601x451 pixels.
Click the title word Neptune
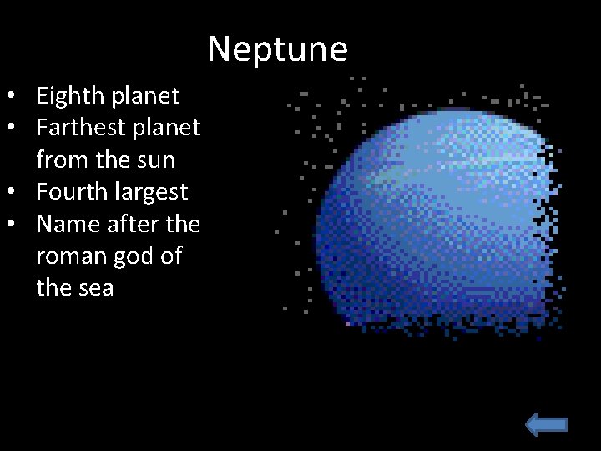coord(277,49)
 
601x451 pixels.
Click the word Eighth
coord(71,96)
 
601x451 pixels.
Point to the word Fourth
coord(73,192)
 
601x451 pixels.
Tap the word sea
coord(94,288)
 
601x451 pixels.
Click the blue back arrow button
coord(547,426)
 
